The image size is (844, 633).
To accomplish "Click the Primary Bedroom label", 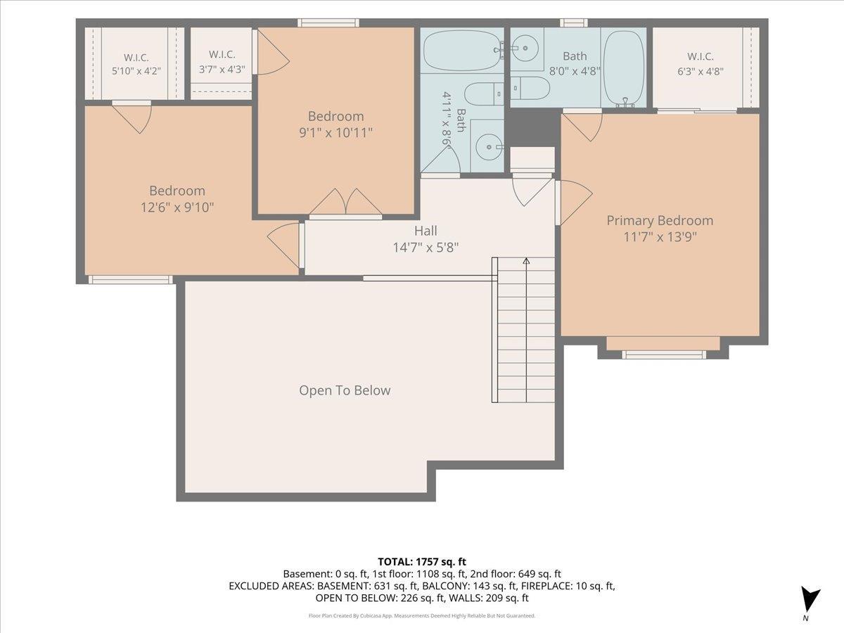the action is pyautogui.click(x=660, y=221).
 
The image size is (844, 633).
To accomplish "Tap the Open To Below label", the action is pyautogui.click(x=345, y=390).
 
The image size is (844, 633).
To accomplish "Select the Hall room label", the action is pyautogui.click(x=426, y=231).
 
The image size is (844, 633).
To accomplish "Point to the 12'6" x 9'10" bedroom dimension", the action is pyautogui.click(x=177, y=207).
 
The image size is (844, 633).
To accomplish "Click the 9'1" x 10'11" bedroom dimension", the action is pyautogui.click(x=335, y=133).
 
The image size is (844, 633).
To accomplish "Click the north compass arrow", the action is pyautogui.click(x=810, y=601).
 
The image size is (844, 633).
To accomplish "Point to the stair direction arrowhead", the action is pyautogui.click(x=526, y=261).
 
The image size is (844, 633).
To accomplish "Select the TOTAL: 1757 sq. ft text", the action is pyautogui.click(x=422, y=562).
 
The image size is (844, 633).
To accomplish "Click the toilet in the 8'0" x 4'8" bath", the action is pyautogui.click(x=530, y=88).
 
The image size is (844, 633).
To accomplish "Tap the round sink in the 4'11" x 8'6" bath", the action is pyautogui.click(x=489, y=147).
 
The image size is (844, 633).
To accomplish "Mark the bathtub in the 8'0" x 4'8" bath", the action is pyautogui.click(x=623, y=68).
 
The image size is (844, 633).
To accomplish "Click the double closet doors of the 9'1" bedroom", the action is pyautogui.click(x=345, y=202).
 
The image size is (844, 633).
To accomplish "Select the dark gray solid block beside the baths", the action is pyautogui.click(x=532, y=127).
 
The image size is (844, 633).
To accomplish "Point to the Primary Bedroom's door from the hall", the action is pyautogui.click(x=574, y=202).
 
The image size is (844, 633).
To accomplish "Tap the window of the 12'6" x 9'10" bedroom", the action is pyautogui.click(x=131, y=280).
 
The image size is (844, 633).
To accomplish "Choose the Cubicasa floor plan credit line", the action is pyautogui.click(x=422, y=615).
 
